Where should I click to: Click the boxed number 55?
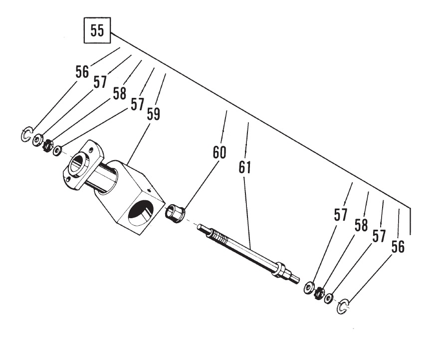[x=97, y=31]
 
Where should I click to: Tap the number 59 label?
[x=154, y=114]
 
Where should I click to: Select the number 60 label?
[x=219, y=152]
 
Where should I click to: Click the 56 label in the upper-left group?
[x=82, y=72]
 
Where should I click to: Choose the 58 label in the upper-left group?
[x=119, y=93]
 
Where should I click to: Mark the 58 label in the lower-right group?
[x=362, y=225]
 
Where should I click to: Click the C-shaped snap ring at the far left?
[x=26, y=135]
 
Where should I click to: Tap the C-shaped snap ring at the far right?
[x=342, y=308]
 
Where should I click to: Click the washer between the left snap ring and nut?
[x=37, y=140]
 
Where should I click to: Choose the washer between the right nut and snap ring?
[x=329, y=299]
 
